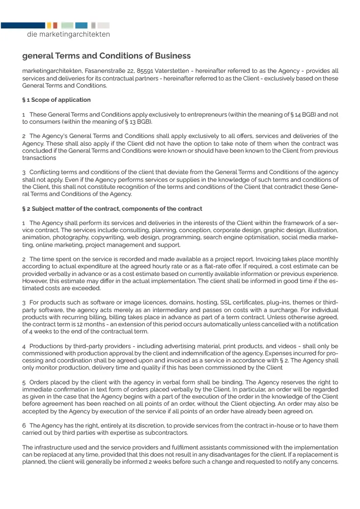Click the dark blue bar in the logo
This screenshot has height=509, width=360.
pos(23,25)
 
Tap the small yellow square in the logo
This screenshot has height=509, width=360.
pos(49,25)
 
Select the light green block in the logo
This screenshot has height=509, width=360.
pos(67,25)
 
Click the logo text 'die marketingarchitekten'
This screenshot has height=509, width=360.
pos(68,35)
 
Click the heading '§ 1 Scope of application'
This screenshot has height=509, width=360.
pos(57,100)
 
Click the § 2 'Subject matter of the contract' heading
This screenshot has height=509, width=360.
pos(112,209)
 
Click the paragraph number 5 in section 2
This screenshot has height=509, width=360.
pos(24,382)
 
